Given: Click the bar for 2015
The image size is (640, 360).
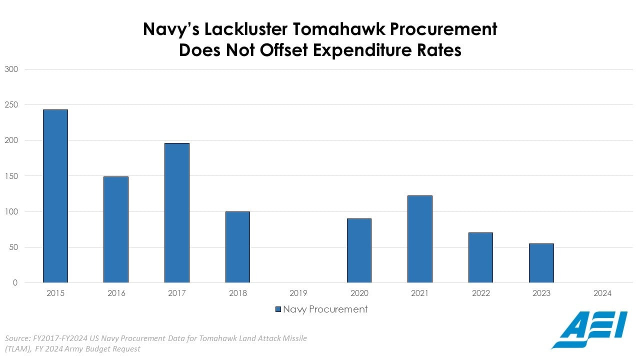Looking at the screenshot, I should pyautogui.click(x=55, y=196).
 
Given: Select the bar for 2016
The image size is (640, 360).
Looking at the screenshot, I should pyautogui.click(x=116, y=229).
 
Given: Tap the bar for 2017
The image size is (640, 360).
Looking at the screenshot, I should pyautogui.click(x=177, y=212).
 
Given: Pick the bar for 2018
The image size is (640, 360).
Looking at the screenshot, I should pyautogui.click(x=237, y=247).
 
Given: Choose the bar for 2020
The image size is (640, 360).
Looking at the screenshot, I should pyautogui.click(x=359, y=250).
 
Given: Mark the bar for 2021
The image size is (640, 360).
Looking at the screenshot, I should pyautogui.click(x=420, y=239).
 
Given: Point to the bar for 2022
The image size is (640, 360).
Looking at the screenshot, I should pyautogui.click(x=480, y=257).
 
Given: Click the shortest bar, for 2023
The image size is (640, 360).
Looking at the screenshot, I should pyautogui.click(x=541, y=263).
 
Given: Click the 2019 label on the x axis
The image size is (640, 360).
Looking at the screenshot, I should pyautogui.click(x=298, y=293).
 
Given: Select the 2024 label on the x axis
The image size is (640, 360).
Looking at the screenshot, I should pyautogui.click(x=602, y=293).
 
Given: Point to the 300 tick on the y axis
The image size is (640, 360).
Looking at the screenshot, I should pyautogui.click(x=11, y=69).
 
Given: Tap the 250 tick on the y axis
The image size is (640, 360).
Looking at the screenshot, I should pyautogui.click(x=11, y=105).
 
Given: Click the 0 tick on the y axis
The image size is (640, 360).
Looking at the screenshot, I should pyautogui.click(x=15, y=283).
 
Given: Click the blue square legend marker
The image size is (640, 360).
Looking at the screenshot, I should pyautogui.click(x=278, y=309).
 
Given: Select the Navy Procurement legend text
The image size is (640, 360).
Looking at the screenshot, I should pyautogui.click(x=325, y=309).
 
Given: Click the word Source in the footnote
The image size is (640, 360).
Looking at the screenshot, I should pyautogui.click(x=17, y=338).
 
